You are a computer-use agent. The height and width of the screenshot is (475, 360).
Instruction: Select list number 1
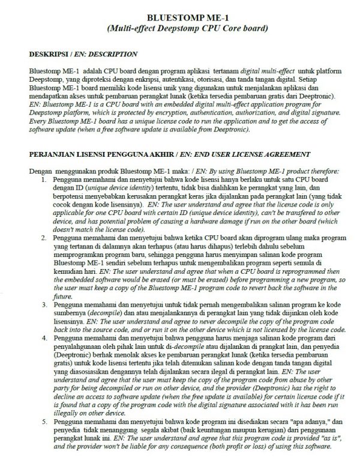(x=44, y=180)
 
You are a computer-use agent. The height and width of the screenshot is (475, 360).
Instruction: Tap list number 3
(x=44, y=305)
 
